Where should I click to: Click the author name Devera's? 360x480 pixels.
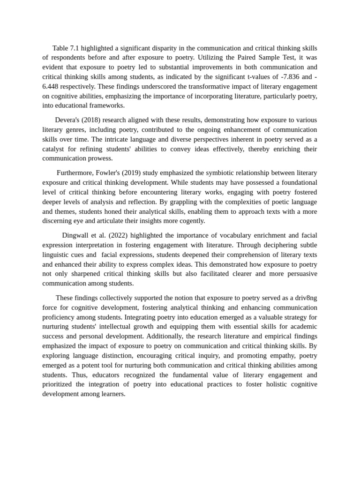coord(68,120)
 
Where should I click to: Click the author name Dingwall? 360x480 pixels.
coord(77,235)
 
